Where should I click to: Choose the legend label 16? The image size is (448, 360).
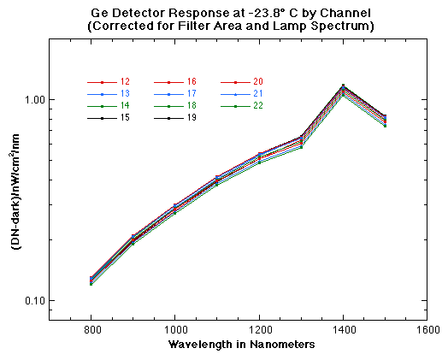pos(192,81)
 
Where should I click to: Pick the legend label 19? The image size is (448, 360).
pos(192,118)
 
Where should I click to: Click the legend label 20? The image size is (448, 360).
pos(258,81)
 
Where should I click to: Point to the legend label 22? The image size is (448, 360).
pos(258,106)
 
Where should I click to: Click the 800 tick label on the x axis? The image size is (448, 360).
pos(91,328)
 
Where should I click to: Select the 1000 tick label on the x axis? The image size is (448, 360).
pos(175,328)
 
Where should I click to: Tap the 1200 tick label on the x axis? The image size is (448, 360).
pos(259,328)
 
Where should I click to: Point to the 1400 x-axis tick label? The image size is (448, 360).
pos(343,328)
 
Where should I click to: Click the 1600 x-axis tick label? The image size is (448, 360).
pos(427,328)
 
